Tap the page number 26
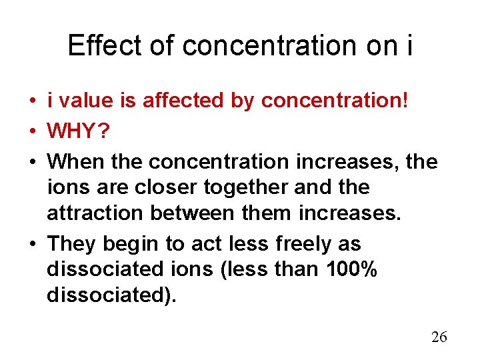point(439,337)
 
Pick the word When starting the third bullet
point(73,161)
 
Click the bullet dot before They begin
point(32,244)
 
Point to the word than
point(299,269)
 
